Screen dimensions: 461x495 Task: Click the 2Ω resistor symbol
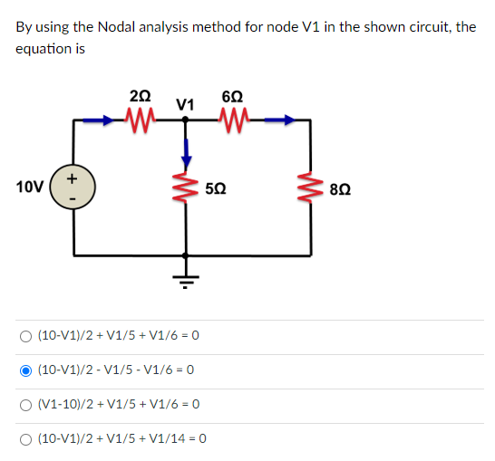141,119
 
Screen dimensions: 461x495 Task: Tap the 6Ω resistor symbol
230,119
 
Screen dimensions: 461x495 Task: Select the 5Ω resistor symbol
186,187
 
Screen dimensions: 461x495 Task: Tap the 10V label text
29,187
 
